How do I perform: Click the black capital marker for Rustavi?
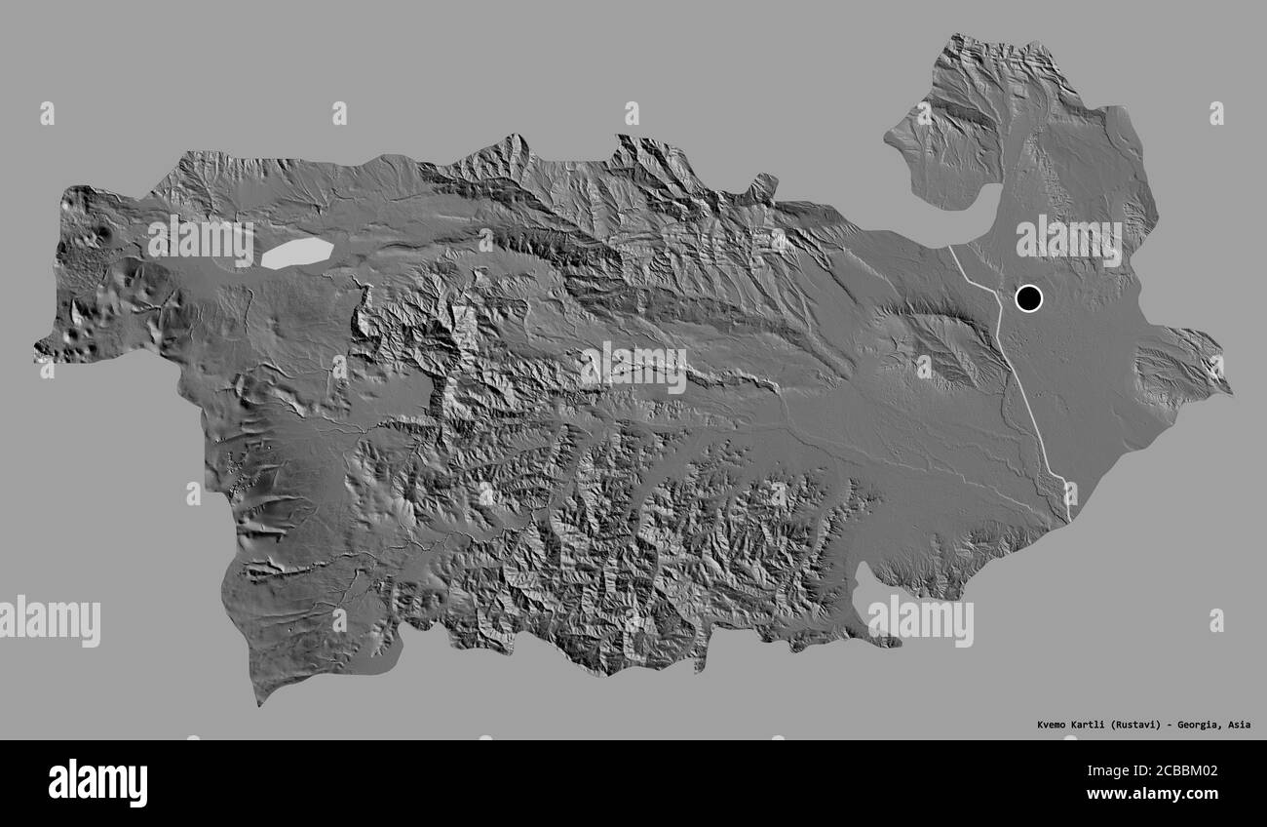click(1028, 297)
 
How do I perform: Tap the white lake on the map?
click(296, 253)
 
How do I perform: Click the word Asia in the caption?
click(1239, 725)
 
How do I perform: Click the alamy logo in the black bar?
click(97, 782)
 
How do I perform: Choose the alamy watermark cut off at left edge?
click(49, 620)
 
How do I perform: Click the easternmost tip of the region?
click(1230, 393)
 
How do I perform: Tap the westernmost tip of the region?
click(35, 347)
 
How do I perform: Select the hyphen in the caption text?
click(1171, 725)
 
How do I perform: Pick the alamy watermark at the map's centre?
click(633, 367)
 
